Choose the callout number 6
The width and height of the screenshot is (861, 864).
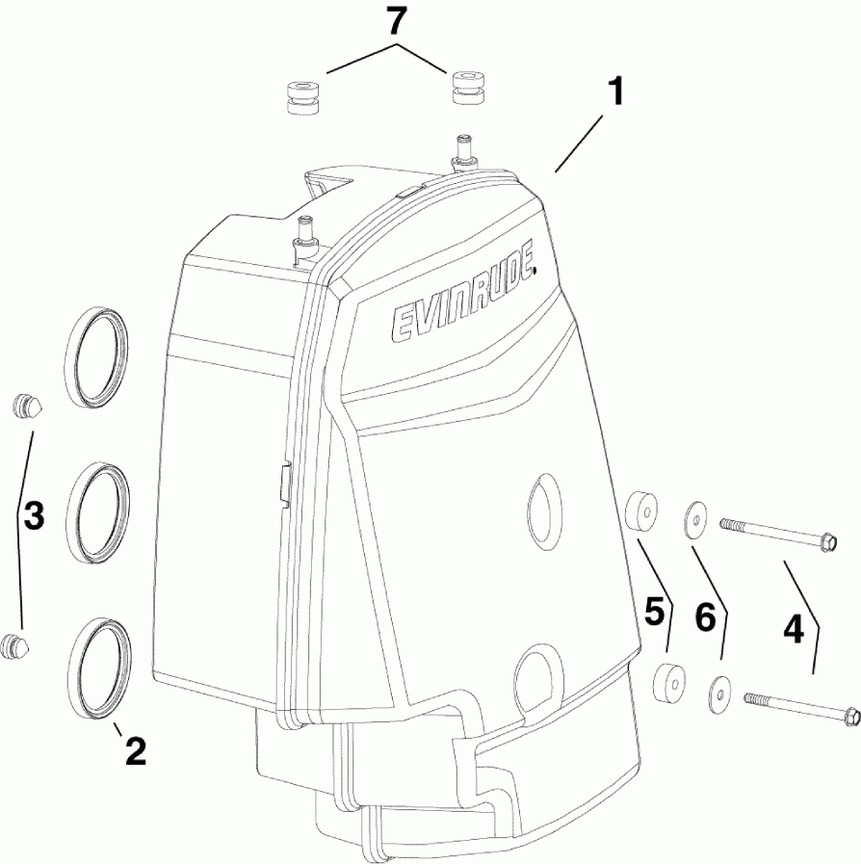click(706, 617)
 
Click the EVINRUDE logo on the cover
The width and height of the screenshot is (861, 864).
click(462, 301)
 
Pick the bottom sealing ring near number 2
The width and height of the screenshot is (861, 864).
click(101, 666)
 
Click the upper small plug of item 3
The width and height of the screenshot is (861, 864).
click(28, 406)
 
